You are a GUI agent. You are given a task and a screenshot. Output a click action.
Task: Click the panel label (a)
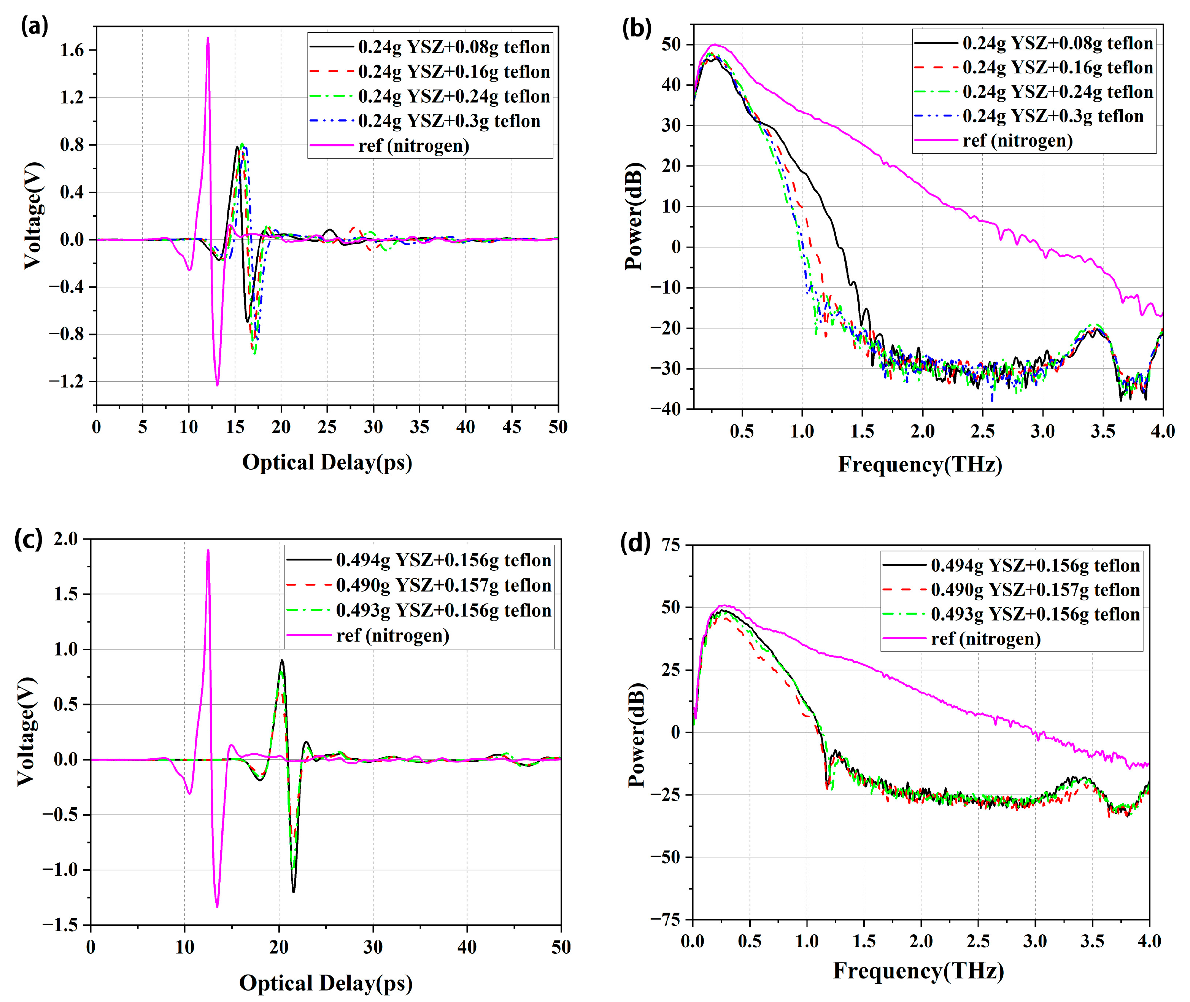(34, 27)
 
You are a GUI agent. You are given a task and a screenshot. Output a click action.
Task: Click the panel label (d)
(635, 544)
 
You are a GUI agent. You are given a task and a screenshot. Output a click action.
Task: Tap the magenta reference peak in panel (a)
(208, 39)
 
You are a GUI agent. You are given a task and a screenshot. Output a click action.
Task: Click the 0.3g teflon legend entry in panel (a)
(449, 121)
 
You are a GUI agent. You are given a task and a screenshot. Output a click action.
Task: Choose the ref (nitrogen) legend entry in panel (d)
(985, 639)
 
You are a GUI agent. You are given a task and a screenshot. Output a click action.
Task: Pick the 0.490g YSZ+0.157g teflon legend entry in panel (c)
(443, 585)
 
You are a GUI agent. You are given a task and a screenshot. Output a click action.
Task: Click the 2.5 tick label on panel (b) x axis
(982, 432)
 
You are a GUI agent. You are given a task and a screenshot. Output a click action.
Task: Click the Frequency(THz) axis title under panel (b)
(920, 465)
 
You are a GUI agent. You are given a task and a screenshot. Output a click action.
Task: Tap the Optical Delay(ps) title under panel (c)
(326, 983)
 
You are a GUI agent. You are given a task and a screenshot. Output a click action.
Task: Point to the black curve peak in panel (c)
(282, 661)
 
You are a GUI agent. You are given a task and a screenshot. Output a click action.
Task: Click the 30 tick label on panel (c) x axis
(373, 947)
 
